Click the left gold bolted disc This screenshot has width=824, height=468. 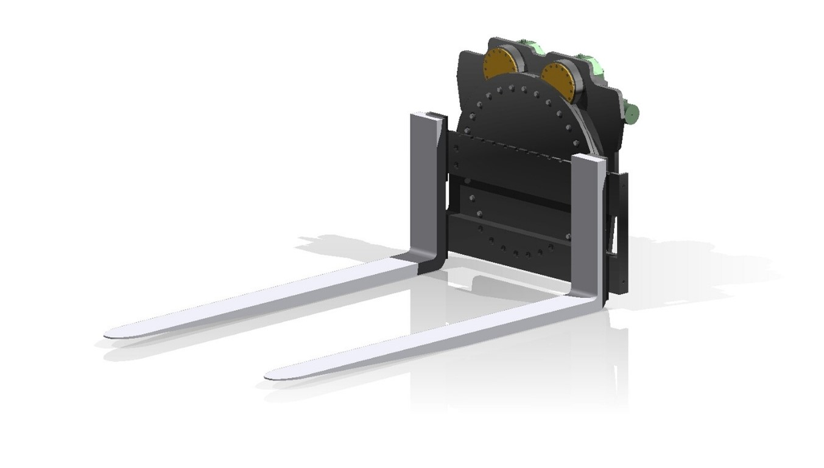click(499, 64)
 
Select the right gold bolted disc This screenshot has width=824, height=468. click(558, 80)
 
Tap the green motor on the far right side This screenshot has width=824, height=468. click(631, 111)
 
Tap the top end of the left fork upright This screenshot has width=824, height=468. click(428, 115)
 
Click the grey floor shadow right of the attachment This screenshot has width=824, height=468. click(688, 268)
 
